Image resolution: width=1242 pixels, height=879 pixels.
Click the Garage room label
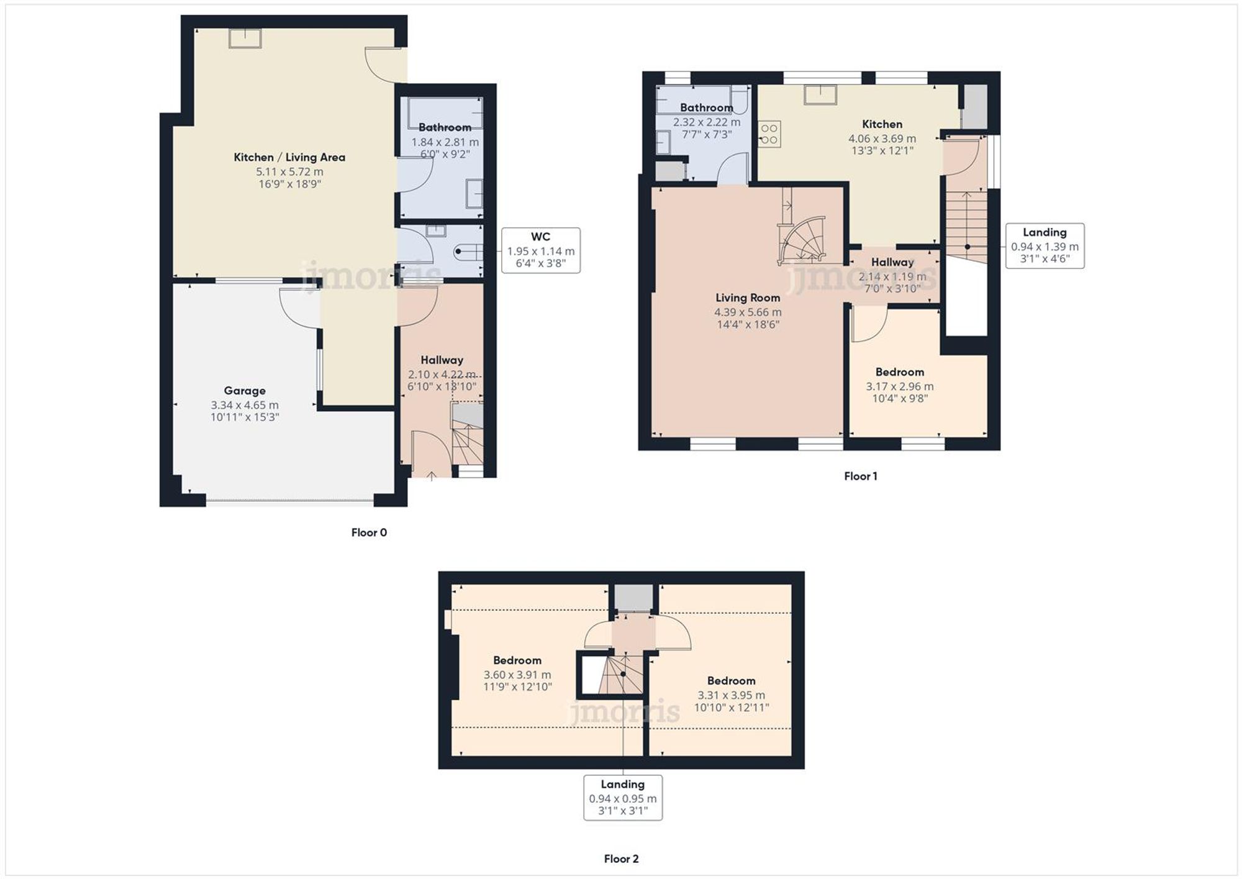tap(245, 391)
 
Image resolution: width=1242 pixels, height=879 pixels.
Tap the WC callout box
tap(541, 250)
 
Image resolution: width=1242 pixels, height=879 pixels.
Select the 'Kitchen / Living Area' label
tap(289, 157)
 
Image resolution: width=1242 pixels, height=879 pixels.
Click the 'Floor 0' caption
tap(369, 532)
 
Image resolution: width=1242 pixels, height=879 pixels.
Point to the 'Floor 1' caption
tap(861, 476)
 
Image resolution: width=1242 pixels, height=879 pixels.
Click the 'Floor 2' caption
tap(621, 859)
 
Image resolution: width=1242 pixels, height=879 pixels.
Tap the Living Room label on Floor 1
tap(748, 298)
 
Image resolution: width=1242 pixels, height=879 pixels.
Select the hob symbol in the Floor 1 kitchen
tap(769, 134)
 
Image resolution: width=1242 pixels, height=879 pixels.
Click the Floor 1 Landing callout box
tap(1045, 246)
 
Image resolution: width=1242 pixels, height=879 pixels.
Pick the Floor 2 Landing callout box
tap(623, 798)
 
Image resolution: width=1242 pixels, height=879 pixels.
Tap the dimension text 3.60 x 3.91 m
tap(517, 675)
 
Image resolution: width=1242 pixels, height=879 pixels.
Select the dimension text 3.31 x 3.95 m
tap(732, 695)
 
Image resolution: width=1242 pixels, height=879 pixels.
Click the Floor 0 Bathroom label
tap(445, 127)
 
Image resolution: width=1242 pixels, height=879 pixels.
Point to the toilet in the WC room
tap(469, 252)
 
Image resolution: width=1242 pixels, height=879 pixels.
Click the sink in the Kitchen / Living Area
tap(245, 39)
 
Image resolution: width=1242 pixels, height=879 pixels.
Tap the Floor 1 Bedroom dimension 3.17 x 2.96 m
tap(900, 386)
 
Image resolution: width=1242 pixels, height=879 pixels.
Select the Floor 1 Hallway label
tap(892, 262)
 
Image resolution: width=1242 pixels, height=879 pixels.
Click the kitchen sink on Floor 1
tap(820, 95)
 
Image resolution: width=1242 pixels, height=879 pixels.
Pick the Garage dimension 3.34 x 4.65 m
tap(245, 405)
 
